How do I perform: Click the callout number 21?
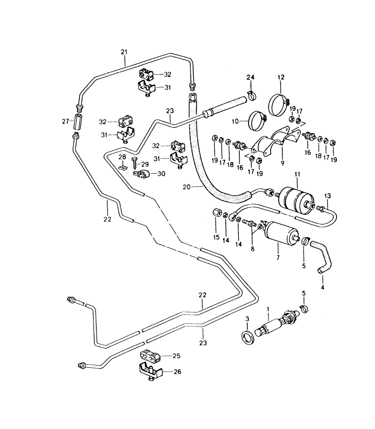[124, 52]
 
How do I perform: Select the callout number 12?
[280, 77]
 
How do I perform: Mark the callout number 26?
[177, 372]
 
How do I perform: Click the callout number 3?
[247, 318]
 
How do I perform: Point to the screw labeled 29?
[135, 163]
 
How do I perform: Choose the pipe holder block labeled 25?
[151, 356]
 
